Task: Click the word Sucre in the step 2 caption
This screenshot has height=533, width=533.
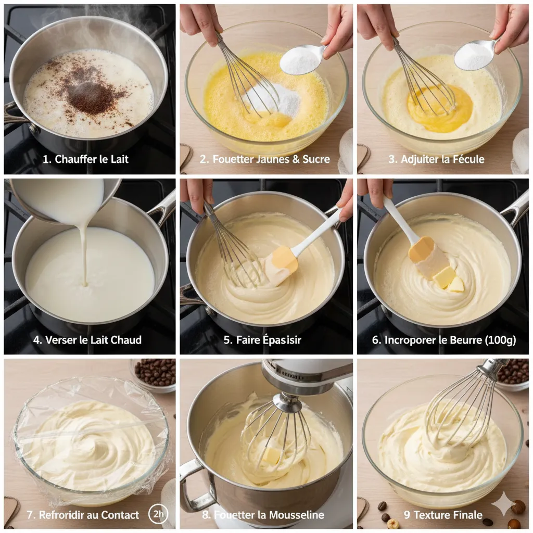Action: pos(316,159)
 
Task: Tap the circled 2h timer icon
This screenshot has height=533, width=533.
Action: pos(158,514)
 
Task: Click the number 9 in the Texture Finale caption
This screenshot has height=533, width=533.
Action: pos(407,515)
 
